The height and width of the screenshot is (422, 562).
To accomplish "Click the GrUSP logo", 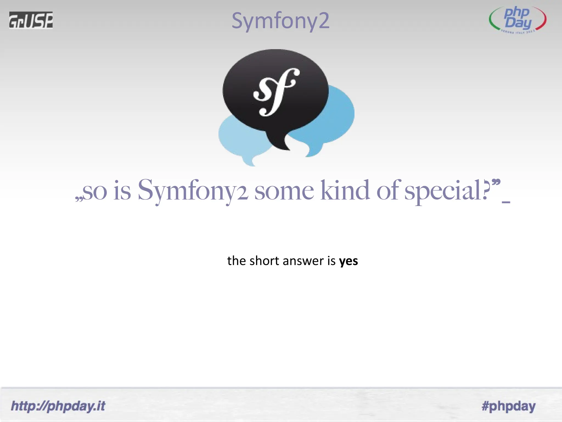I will pos(31,20).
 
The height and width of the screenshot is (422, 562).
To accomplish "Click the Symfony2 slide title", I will pos(280,21).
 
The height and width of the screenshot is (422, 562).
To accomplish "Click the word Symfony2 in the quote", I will pos(193,190).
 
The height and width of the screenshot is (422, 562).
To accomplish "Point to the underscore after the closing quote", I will pos(506,202).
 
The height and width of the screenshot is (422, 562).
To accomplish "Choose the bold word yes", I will pos(349,261).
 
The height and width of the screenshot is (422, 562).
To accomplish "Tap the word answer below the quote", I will pos(303,261).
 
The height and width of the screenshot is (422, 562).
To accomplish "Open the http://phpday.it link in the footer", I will pos(58,406).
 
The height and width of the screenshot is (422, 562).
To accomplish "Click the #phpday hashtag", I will pos(508,406).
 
